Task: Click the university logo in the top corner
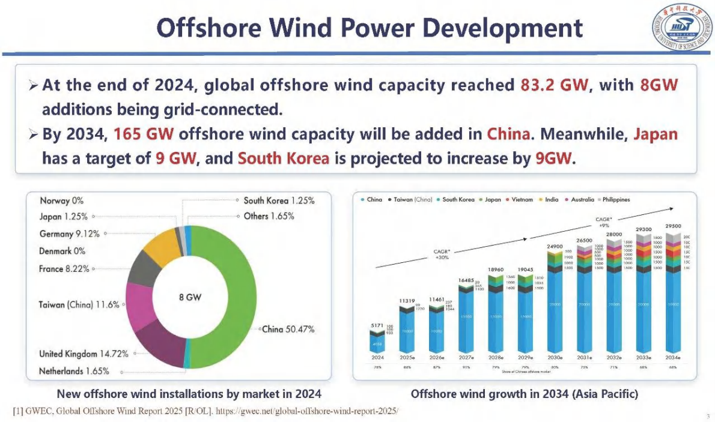680,28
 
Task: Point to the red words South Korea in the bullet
284,159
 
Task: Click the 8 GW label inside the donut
190,297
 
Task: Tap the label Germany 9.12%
69,234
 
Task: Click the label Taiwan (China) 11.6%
79,305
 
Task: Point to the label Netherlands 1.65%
74,371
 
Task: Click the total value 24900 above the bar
554,247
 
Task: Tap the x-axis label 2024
377,357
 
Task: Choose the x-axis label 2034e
672,357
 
